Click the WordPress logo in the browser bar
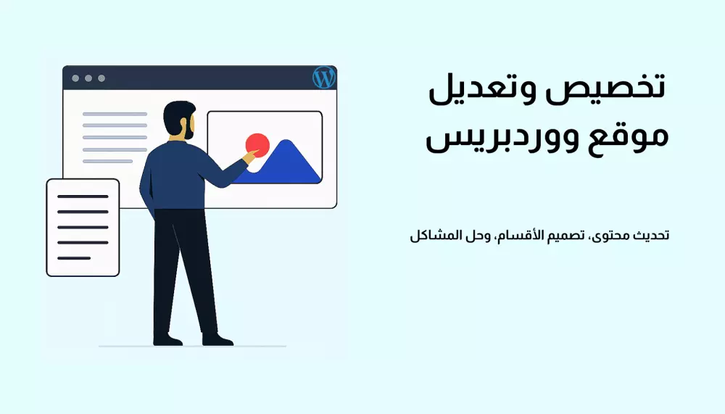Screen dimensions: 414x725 (323, 77)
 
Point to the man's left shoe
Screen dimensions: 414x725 (167, 339)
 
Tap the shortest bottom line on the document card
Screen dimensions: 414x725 (74, 258)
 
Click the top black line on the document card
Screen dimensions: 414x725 (83, 196)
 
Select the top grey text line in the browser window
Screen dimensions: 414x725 (115, 114)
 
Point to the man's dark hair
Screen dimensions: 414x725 (177, 112)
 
